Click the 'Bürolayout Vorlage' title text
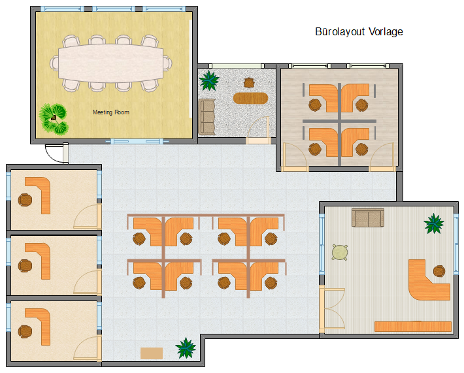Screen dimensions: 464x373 [359, 31]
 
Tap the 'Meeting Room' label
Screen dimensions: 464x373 [111, 112]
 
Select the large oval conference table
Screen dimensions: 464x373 [111, 63]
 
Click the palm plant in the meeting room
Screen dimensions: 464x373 [54, 119]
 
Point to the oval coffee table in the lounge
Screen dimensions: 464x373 [250, 98]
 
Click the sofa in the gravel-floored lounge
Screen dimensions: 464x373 [207, 117]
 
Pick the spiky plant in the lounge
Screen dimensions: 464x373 [209, 80]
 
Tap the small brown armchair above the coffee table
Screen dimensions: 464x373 [249, 83]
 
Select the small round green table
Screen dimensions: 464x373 [340, 252]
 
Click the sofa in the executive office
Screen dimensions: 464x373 [368, 218]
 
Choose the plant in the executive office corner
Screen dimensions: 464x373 [434, 223]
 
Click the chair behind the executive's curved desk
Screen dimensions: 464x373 [439, 271]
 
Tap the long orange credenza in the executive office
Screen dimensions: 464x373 [413, 327]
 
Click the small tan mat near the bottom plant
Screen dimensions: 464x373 [152, 353]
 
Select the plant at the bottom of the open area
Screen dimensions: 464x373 [186, 348]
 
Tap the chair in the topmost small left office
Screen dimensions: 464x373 [25, 200]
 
